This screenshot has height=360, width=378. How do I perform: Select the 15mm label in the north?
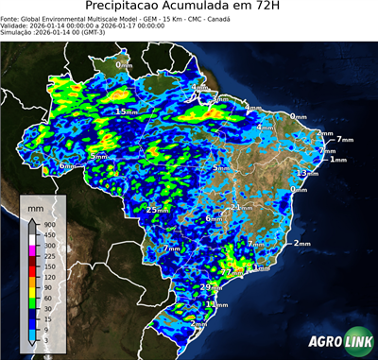coord(126,111)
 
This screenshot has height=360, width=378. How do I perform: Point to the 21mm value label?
coord(242,206)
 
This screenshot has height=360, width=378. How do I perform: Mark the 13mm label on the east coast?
coord(307,174)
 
